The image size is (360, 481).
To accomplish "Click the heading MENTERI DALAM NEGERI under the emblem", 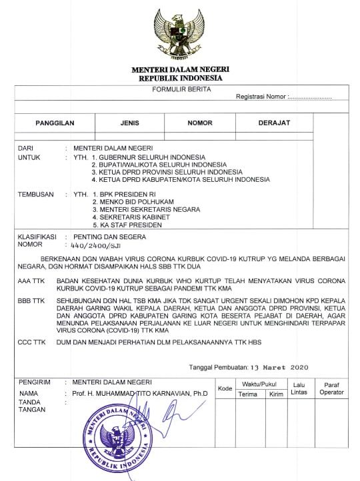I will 180,70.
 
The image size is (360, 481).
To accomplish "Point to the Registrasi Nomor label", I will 261,97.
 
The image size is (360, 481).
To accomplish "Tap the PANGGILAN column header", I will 55,123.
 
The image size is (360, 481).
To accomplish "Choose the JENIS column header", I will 130,123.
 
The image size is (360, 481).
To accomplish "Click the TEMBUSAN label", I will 33,195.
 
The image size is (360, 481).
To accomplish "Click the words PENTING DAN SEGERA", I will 109,237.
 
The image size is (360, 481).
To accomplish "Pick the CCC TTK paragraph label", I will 31,342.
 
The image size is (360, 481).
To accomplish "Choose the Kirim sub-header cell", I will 275,394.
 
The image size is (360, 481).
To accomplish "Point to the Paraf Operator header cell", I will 331,388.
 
